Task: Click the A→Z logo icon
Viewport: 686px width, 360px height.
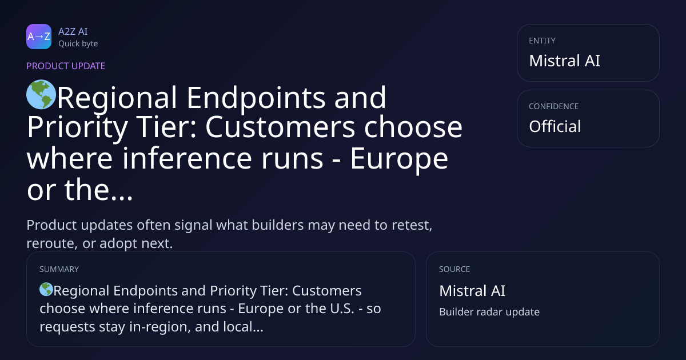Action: click(x=39, y=37)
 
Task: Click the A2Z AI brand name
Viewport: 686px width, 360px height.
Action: click(x=73, y=31)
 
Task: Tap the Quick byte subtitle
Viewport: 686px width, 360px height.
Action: click(x=78, y=44)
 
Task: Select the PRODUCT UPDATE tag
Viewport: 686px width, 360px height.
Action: click(x=66, y=66)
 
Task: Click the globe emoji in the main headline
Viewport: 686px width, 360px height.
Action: click(x=41, y=95)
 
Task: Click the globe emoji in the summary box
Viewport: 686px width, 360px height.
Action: click(x=46, y=289)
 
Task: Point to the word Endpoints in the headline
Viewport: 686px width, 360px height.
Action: click(x=256, y=98)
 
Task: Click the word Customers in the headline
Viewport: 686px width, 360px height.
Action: click(x=280, y=127)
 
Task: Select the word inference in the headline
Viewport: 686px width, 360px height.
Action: click(x=187, y=158)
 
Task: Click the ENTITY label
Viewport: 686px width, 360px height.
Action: click(x=542, y=41)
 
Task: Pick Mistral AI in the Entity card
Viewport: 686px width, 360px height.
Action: click(x=564, y=61)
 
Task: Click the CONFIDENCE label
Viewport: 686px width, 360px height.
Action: click(x=554, y=106)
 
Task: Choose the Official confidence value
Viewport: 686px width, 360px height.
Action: click(x=555, y=126)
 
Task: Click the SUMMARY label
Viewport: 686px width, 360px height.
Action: click(x=59, y=269)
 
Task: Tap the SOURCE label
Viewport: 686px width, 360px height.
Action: click(x=454, y=269)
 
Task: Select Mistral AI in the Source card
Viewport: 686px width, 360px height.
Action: click(x=472, y=291)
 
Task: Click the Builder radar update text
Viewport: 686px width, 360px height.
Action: click(x=489, y=312)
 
